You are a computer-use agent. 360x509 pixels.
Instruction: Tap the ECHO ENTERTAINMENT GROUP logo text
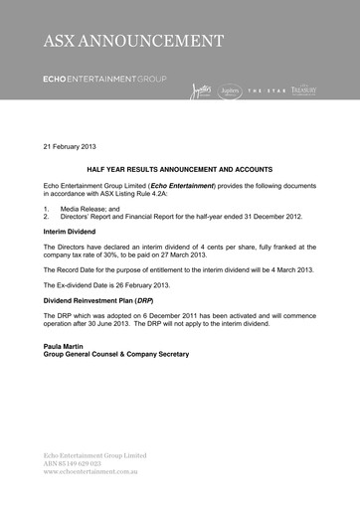[x=104, y=78]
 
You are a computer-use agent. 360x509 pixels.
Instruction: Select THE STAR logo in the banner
[x=267, y=90]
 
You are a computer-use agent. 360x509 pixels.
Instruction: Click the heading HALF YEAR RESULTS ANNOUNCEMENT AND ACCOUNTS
[x=179, y=170]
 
